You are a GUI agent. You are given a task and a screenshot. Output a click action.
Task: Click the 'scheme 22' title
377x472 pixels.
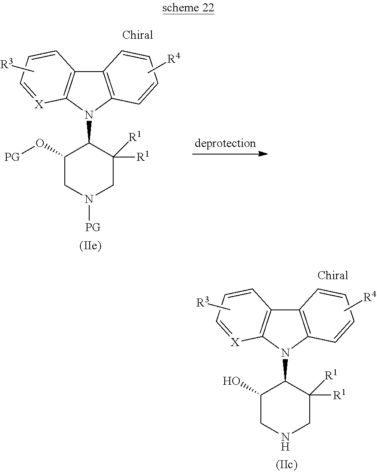(x=188, y=9)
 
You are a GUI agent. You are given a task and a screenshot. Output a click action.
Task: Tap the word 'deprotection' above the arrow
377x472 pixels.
(x=225, y=143)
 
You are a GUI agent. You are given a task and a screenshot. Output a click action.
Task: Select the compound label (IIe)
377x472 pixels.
(x=90, y=246)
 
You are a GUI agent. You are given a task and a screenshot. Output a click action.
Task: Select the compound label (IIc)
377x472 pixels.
(x=287, y=464)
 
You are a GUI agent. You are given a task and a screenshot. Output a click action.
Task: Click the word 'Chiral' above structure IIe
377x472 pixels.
(x=138, y=35)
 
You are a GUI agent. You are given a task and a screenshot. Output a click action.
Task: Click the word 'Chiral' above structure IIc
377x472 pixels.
(x=333, y=275)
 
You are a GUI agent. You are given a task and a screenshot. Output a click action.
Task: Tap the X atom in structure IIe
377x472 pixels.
(x=38, y=104)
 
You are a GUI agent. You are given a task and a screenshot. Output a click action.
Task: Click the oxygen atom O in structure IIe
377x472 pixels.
(x=40, y=144)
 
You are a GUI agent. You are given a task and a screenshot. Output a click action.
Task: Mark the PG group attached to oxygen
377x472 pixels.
(x=12, y=158)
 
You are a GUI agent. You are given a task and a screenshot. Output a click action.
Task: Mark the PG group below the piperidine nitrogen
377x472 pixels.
(x=93, y=227)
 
